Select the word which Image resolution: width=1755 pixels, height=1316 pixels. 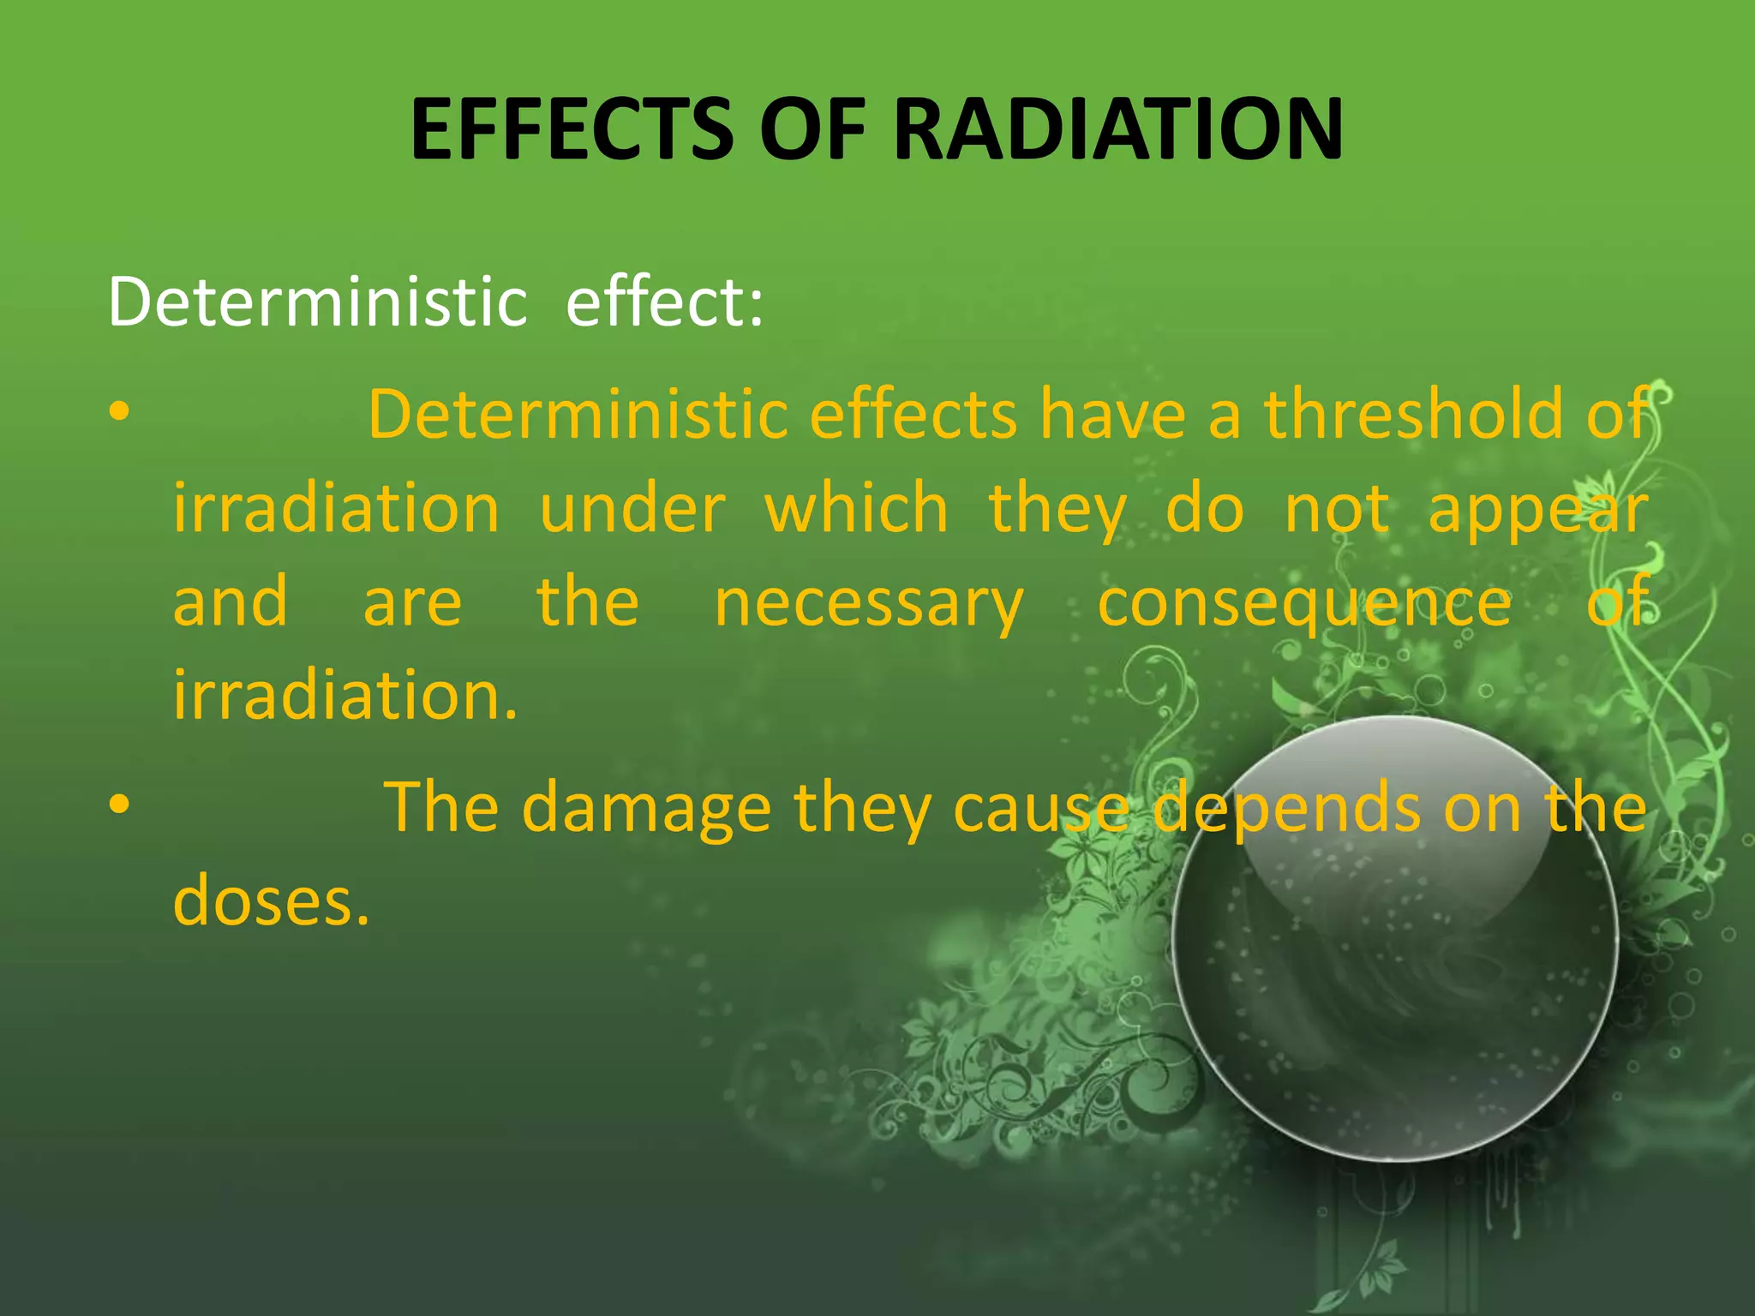[x=856, y=509]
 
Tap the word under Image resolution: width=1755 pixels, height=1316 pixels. [x=632, y=509]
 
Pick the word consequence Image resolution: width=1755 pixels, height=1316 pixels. [x=1304, y=605]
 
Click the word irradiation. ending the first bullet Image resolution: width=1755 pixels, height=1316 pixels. [x=345, y=695]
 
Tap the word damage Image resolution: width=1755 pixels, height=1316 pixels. [x=647, y=810]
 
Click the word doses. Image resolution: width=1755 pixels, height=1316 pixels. [x=271, y=901]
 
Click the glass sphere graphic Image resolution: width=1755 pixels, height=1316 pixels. [x=1394, y=938]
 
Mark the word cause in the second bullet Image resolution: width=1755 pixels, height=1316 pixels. [x=1041, y=810]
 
